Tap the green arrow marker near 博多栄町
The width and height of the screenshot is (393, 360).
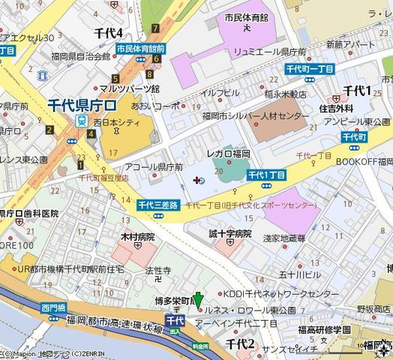click(x=198, y=301)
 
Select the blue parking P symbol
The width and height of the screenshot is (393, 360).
click(x=197, y=178)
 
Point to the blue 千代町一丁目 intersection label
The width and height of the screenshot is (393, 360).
click(x=309, y=69)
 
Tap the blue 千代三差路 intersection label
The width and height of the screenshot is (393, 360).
click(x=158, y=205)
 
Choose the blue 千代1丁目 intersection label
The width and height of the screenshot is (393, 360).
click(x=267, y=174)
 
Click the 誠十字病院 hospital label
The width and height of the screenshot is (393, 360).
click(x=231, y=233)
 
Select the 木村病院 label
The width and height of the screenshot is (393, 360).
click(x=137, y=236)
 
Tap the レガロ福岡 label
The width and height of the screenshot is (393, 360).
click(x=228, y=153)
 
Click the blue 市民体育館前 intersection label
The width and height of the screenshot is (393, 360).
click(x=139, y=49)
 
